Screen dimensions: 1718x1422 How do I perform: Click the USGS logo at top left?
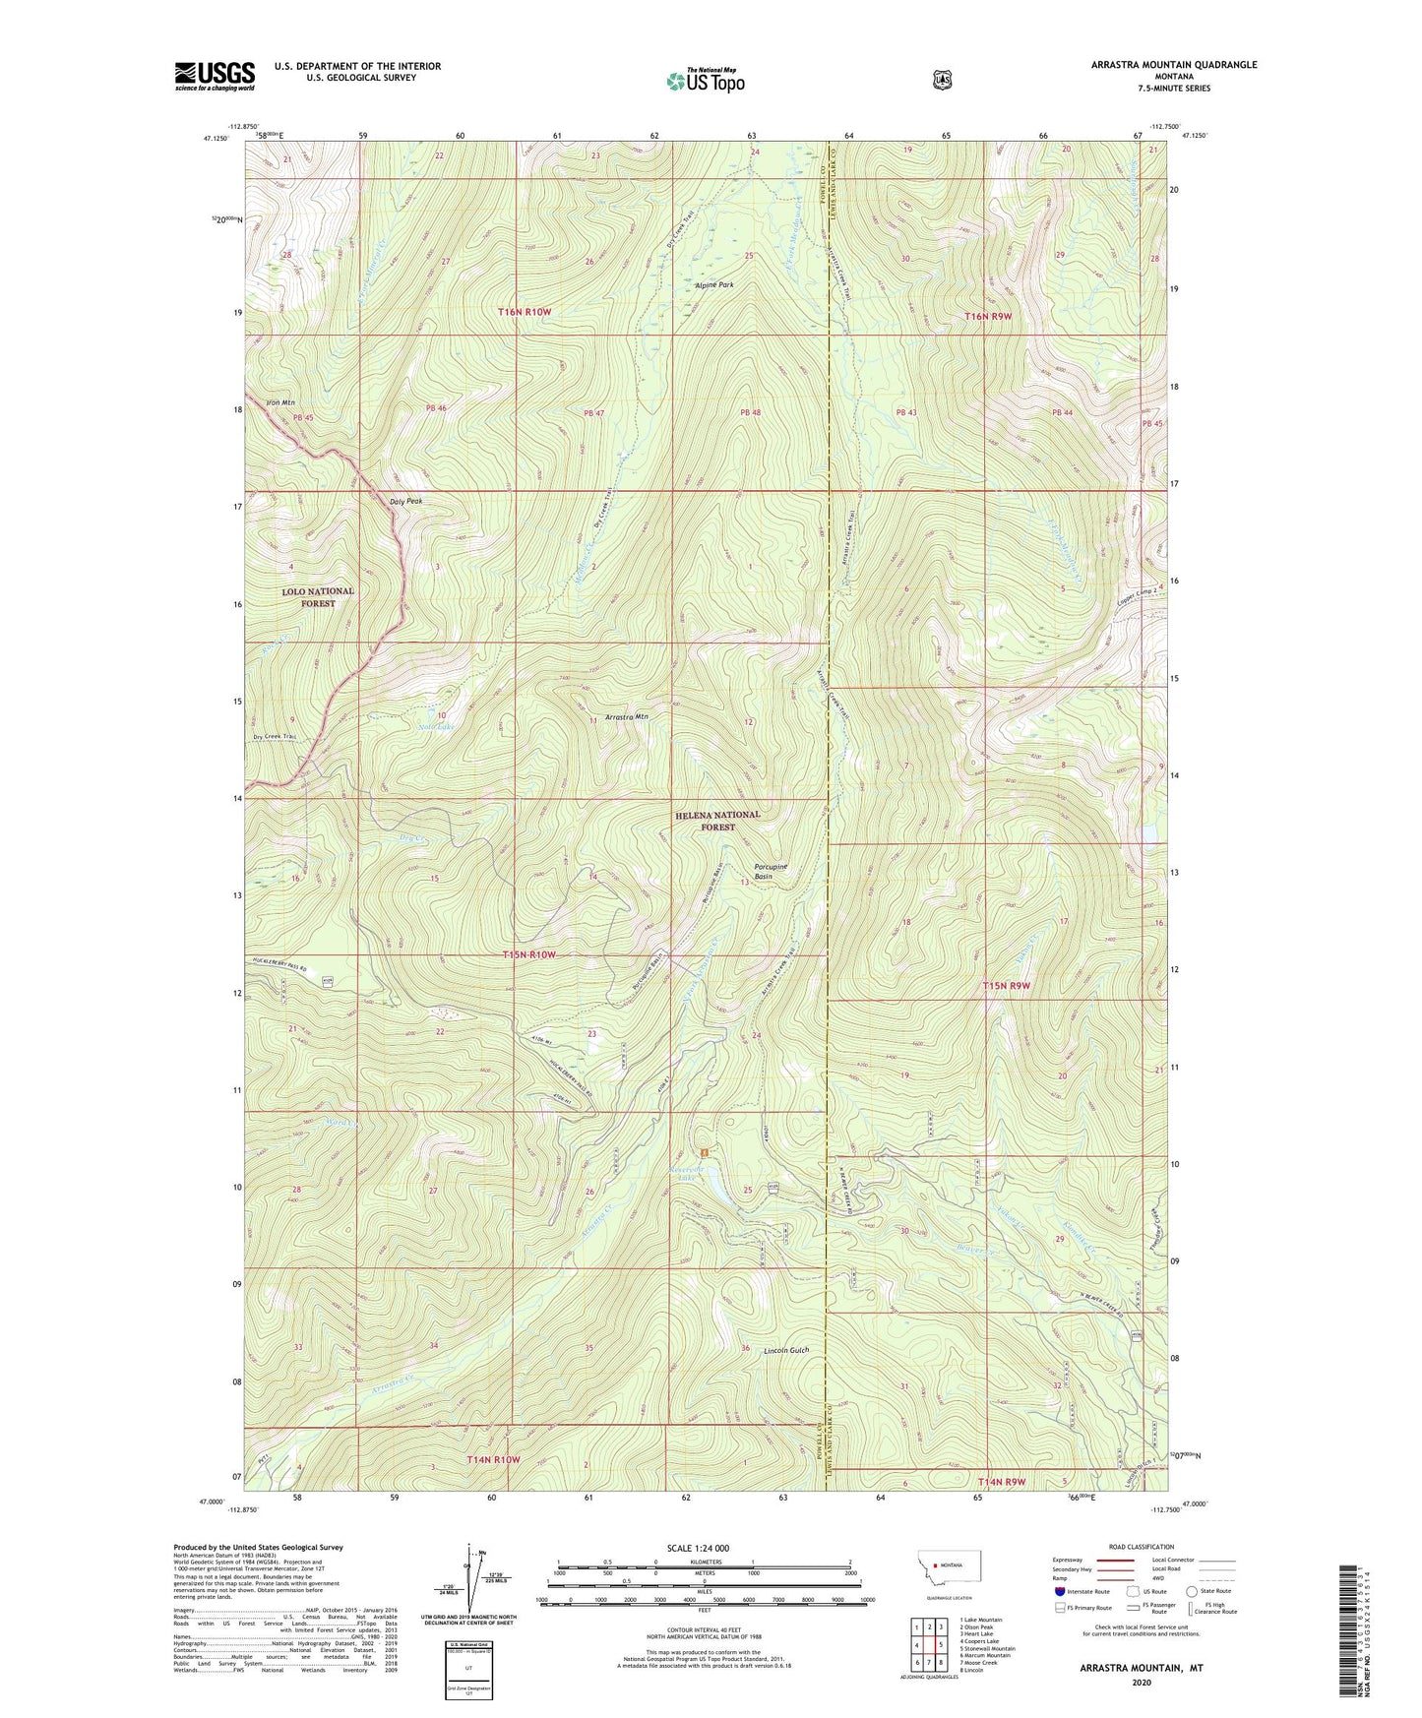coord(215,76)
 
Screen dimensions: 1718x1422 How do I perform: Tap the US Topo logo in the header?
coord(704,82)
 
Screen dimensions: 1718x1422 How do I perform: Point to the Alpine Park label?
coord(713,284)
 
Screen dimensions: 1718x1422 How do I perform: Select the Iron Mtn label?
coord(280,402)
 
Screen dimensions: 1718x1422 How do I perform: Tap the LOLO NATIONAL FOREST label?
coord(318,597)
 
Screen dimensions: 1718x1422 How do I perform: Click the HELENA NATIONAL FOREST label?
coord(717,821)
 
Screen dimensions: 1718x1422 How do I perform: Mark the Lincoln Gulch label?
coord(785,1351)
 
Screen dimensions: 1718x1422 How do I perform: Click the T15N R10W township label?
coord(528,955)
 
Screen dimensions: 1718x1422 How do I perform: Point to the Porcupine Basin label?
coord(771,871)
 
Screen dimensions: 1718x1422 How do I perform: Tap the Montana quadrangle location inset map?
coord(951,1592)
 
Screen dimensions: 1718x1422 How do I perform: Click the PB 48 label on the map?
coord(750,412)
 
